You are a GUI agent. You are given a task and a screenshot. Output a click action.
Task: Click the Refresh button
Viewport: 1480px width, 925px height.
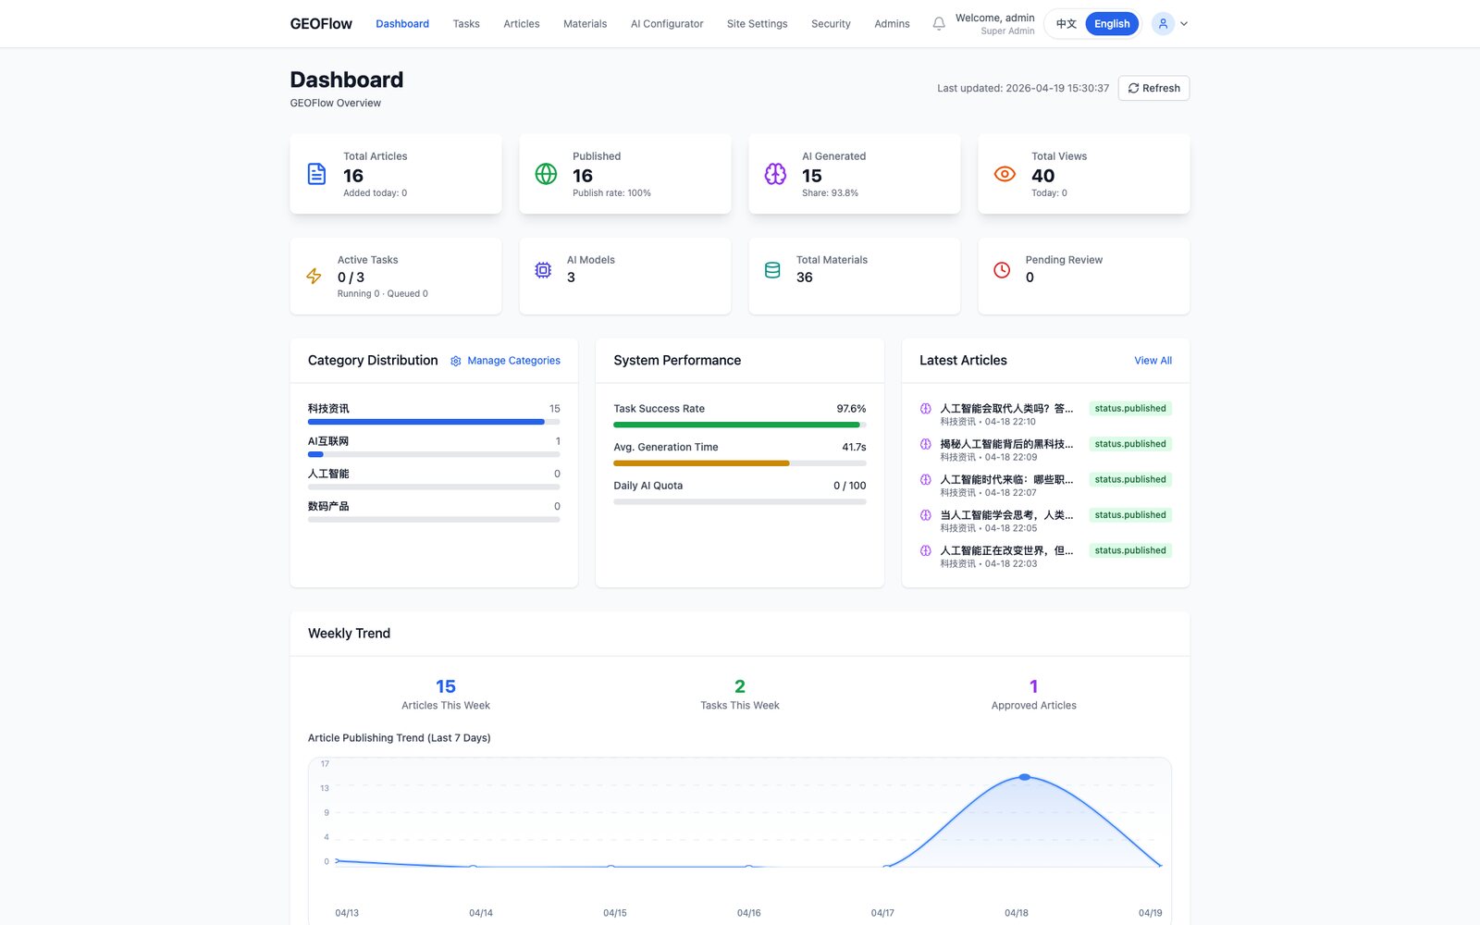point(1153,88)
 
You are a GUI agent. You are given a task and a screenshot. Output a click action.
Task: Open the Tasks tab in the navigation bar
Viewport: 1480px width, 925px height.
point(466,24)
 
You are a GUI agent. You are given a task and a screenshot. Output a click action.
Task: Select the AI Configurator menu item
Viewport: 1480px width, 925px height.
point(667,24)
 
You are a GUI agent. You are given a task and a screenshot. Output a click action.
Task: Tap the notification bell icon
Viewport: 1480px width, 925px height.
point(938,24)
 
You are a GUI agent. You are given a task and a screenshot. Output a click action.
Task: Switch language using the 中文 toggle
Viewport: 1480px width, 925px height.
point(1066,24)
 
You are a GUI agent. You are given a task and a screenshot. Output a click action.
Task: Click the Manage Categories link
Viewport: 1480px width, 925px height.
point(505,360)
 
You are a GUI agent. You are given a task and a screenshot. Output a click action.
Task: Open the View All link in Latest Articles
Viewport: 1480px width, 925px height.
point(1153,360)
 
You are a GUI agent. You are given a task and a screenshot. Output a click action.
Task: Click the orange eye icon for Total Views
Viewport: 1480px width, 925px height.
point(1005,174)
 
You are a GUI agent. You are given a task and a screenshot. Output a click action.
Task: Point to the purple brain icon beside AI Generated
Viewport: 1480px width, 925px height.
point(775,174)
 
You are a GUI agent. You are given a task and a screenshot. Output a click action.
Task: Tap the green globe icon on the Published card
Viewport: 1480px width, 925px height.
point(546,174)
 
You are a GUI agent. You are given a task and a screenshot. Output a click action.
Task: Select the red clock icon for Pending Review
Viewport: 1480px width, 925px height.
point(1002,269)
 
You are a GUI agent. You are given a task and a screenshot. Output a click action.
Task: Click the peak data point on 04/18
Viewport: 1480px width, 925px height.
point(1024,777)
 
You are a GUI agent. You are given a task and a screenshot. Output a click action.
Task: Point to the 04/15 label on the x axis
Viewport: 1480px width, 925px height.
point(614,912)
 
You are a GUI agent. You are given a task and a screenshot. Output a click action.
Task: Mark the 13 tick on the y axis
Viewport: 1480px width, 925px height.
point(325,787)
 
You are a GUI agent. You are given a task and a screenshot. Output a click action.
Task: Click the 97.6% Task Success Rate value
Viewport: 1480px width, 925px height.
point(851,408)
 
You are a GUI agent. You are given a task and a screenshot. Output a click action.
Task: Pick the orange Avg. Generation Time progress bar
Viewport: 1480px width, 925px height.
point(701,463)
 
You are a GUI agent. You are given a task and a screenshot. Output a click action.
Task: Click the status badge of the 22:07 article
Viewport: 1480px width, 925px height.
point(1129,479)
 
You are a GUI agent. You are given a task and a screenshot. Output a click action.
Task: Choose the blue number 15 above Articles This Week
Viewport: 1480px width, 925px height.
point(445,685)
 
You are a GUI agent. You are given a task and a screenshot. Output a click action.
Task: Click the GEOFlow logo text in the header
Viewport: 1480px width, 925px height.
point(321,24)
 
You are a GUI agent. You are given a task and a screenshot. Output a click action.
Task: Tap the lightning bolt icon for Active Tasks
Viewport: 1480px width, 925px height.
point(314,276)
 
